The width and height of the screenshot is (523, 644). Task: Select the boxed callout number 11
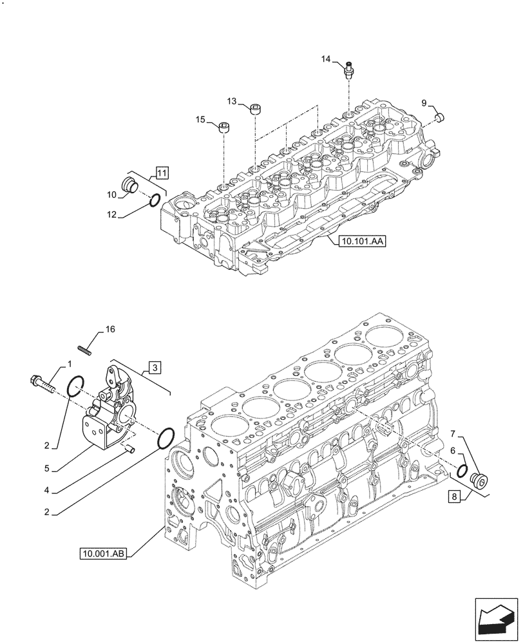[161, 173]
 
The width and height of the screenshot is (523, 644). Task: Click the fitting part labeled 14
[348, 68]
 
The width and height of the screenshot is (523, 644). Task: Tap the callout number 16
[110, 329]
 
